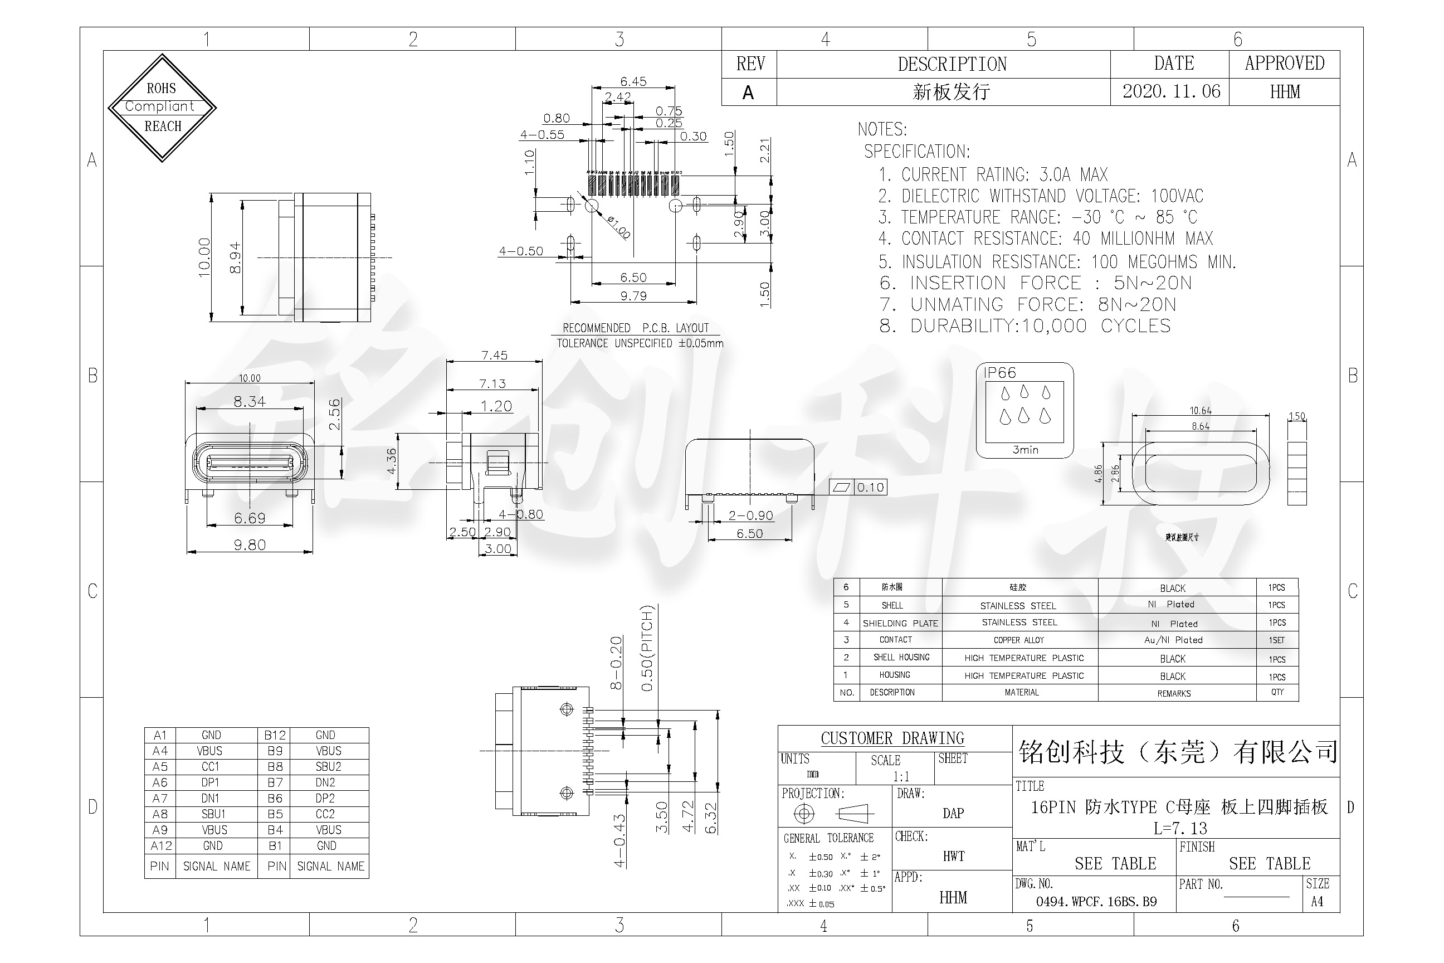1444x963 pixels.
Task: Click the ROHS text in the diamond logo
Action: point(161,89)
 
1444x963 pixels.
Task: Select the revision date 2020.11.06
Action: point(1171,91)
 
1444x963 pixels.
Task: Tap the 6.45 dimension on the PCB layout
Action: point(633,81)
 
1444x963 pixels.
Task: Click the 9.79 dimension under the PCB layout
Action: point(633,296)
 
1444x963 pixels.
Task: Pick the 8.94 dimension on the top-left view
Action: point(235,258)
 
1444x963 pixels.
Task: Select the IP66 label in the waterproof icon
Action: point(999,373)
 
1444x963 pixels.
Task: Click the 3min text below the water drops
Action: point(1025,450)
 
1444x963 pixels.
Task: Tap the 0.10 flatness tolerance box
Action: point(870,488)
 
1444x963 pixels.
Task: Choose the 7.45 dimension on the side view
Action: point(494,355)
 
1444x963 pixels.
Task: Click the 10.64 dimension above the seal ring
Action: point(1200,411)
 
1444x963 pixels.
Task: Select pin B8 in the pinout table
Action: point(275,766)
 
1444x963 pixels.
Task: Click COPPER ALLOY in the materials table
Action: point(1018,640)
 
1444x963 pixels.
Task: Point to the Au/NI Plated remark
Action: point(1173,640)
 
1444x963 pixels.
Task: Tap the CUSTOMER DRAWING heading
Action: point(892,738)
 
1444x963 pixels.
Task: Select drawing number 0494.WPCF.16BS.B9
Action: point(1096,902)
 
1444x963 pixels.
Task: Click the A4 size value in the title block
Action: point(1317,902)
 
